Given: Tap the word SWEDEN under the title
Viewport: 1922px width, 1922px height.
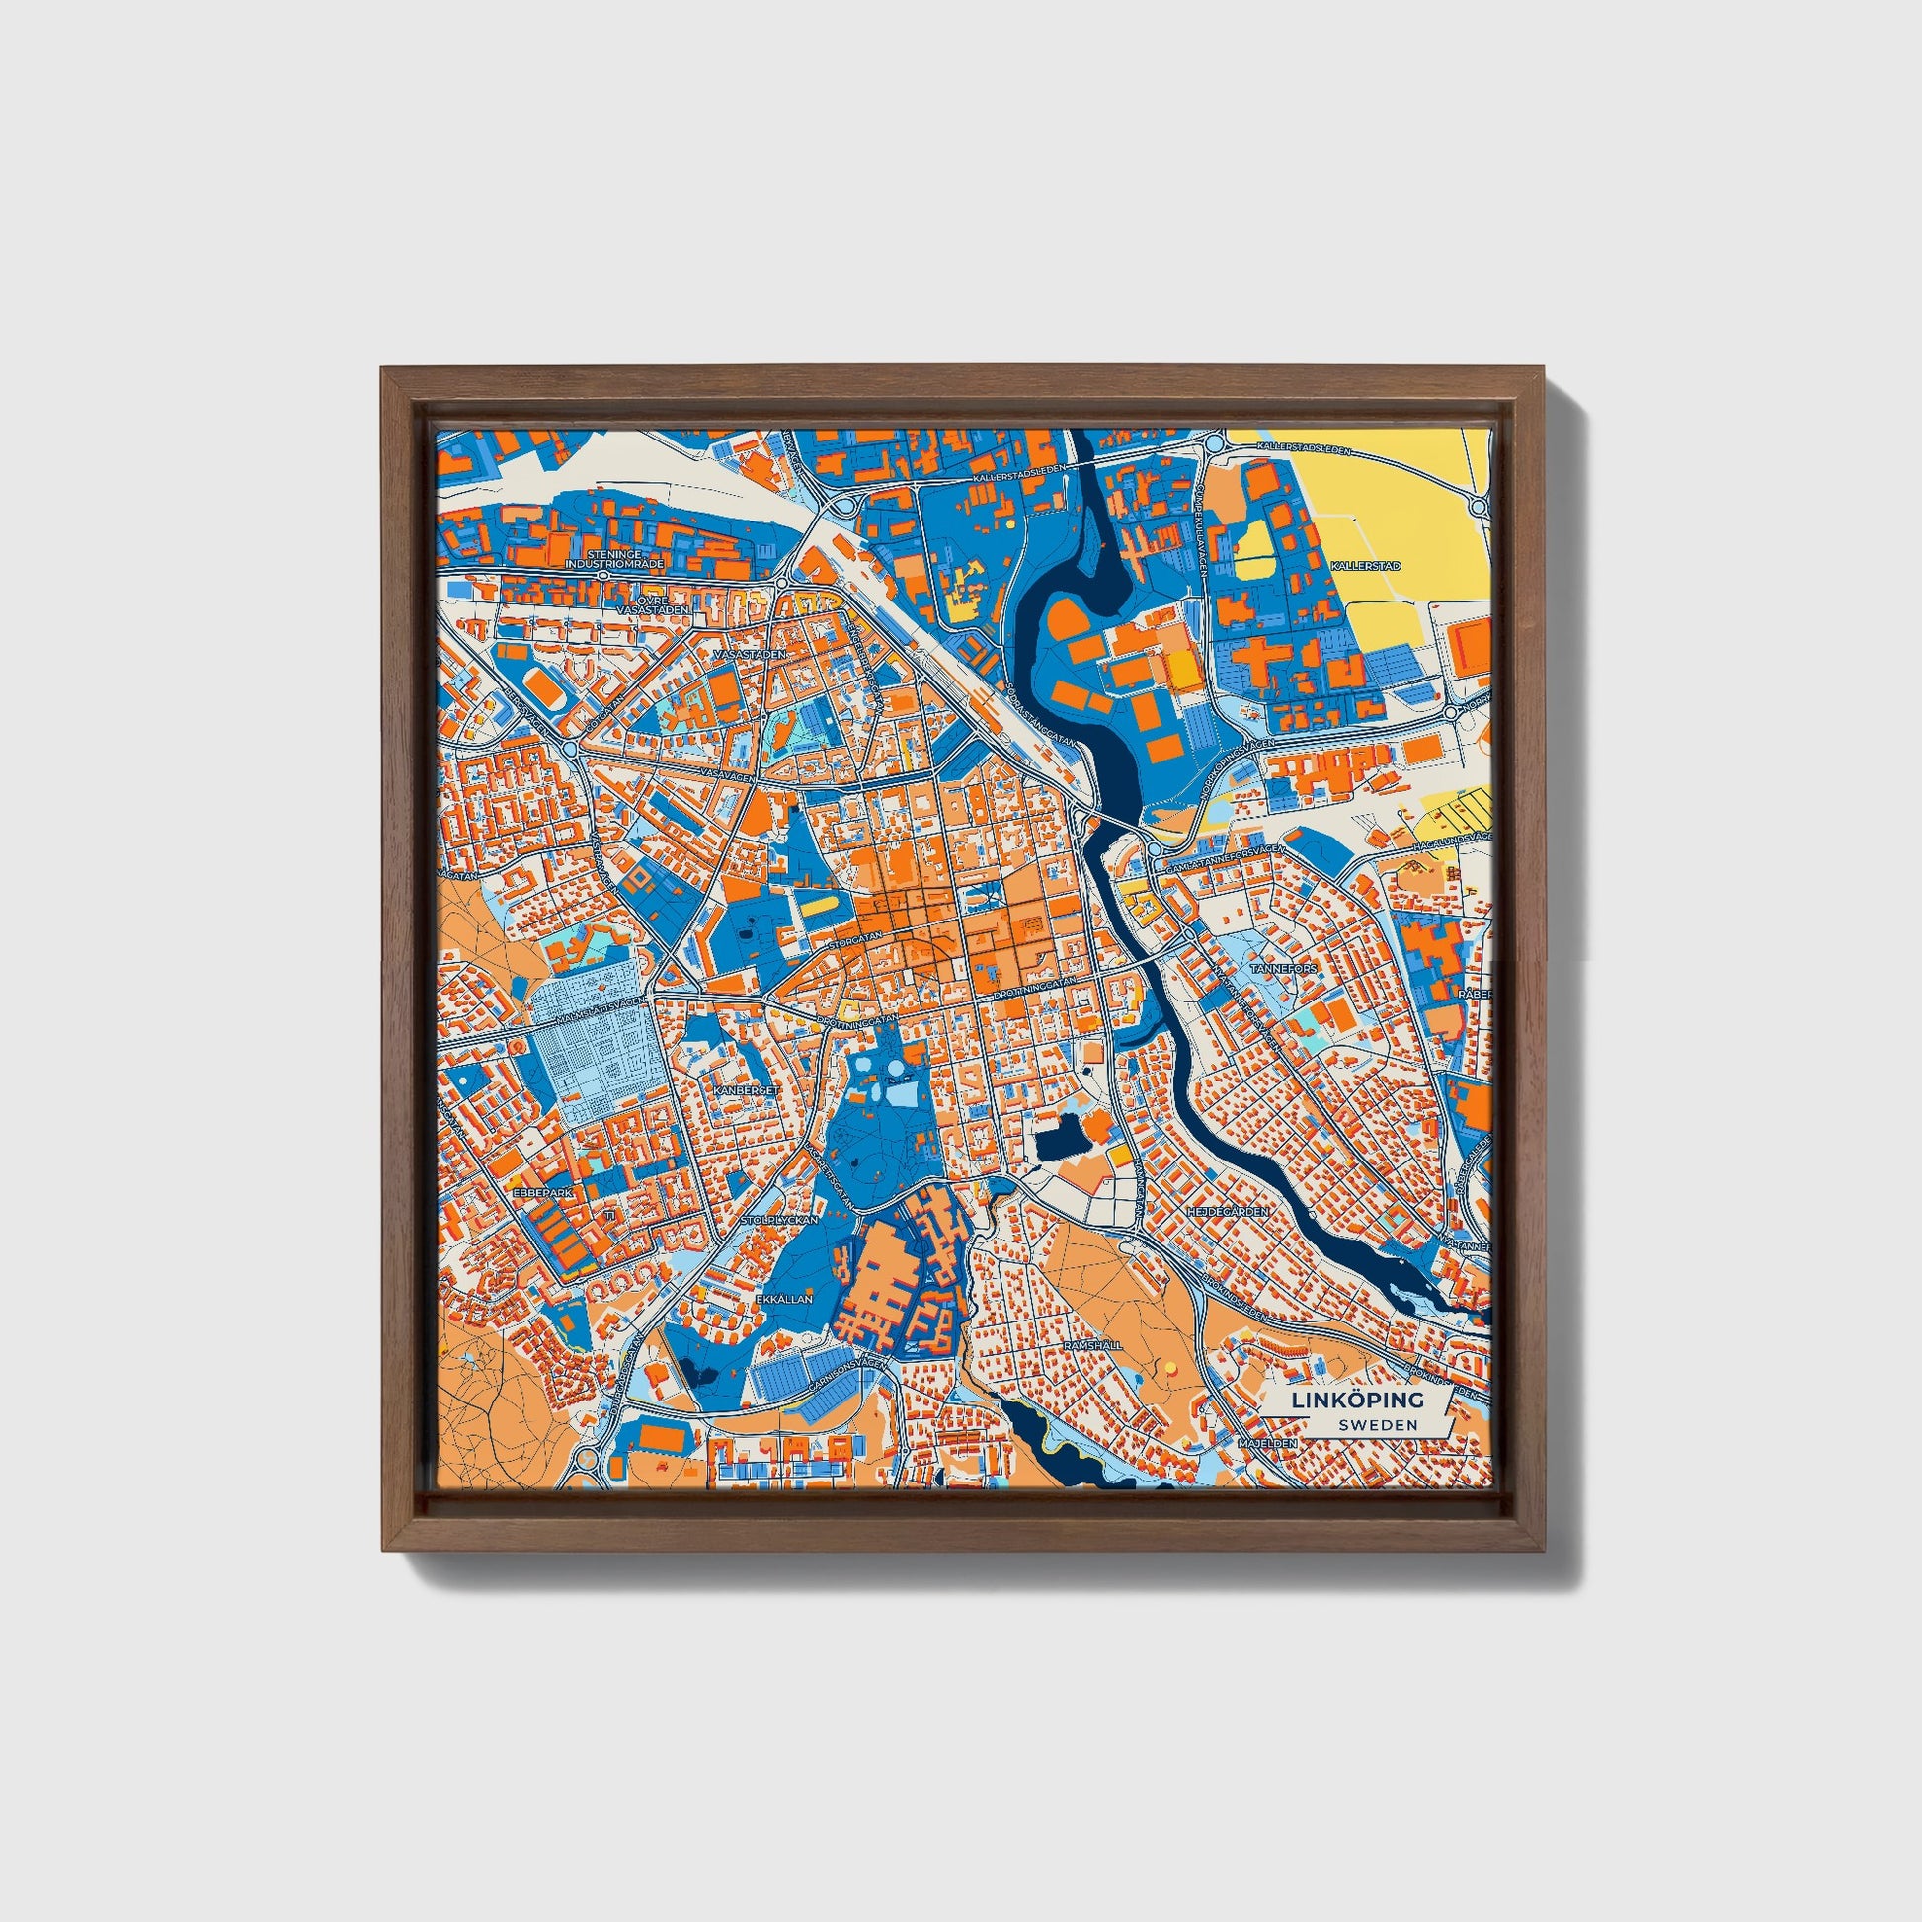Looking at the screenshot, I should (1378, 1424).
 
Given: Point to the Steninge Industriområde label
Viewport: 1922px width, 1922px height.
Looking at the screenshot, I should (612, 559).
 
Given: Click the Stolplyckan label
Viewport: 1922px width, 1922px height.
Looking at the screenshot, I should (785, 1219).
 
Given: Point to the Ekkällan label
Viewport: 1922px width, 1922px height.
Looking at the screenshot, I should (784, 1298).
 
